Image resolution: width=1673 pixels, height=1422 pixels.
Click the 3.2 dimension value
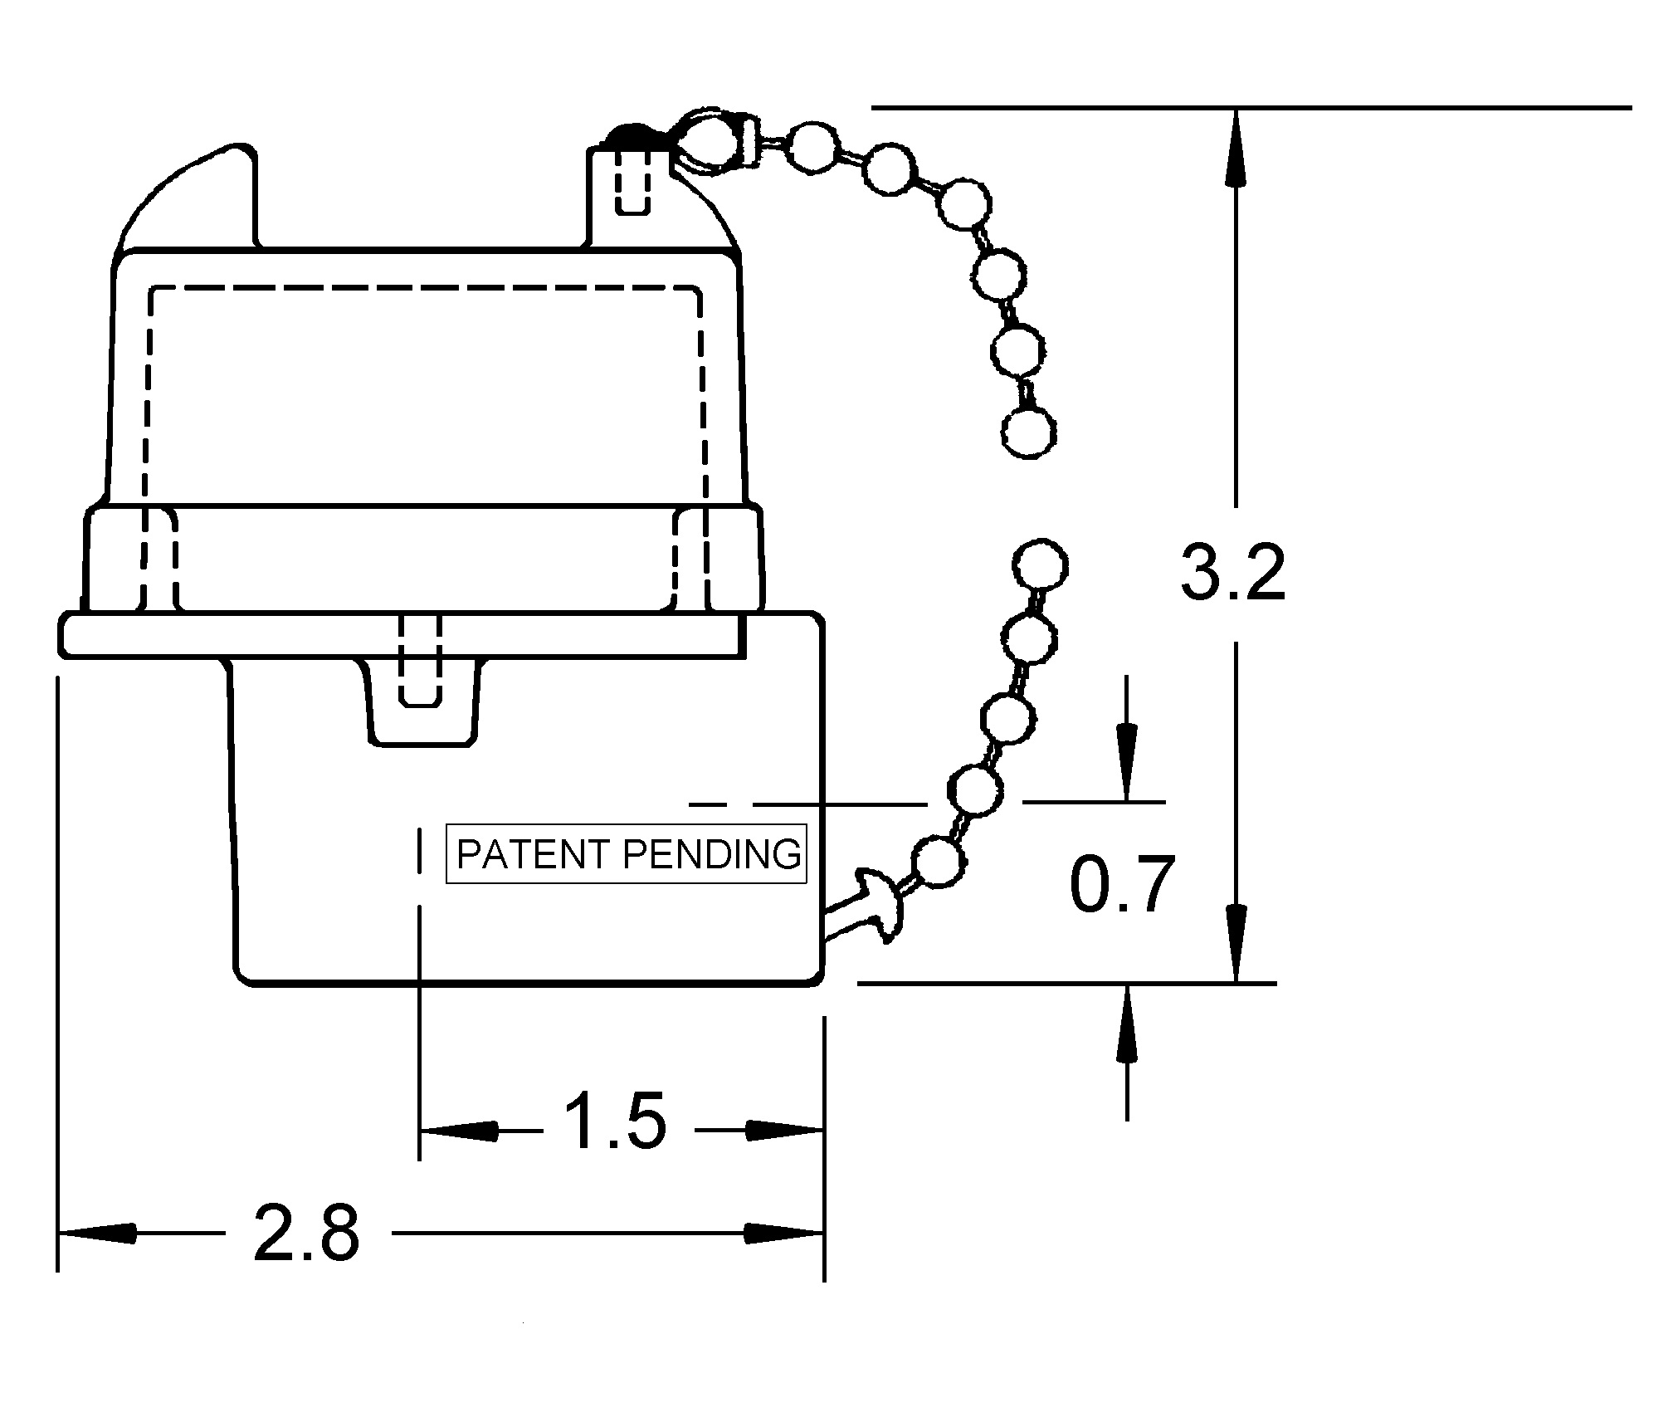pos(1232,573)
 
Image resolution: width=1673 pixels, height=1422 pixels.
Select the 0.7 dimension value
pos(1122,885)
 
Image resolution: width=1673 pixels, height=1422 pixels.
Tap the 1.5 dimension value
pos(615,1122)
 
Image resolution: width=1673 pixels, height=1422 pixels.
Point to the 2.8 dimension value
pos(306,1233)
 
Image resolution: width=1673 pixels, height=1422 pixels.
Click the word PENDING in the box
pos(712,854)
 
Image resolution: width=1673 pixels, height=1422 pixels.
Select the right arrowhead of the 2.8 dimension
pos(783,1234)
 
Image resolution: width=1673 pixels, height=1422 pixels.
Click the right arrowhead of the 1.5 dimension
pos(783,1130)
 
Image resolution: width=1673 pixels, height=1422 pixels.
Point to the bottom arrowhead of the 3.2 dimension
pos(1236,942)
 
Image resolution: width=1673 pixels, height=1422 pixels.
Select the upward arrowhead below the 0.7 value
pos(1126,1024)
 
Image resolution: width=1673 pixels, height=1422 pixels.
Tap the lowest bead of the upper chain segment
pos(1029,431)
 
